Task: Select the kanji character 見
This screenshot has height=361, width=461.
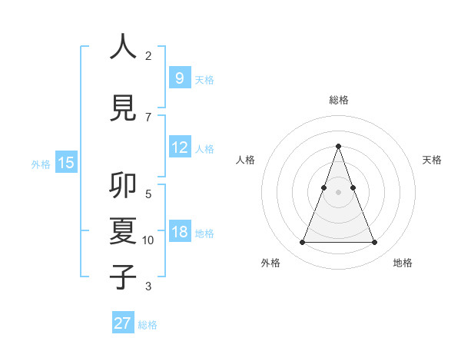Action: coord(124,108)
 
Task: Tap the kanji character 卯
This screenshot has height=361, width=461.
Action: coord(124,187)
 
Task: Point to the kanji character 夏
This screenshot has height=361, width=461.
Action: coord(124,230)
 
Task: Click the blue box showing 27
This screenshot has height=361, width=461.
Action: coord(123,323)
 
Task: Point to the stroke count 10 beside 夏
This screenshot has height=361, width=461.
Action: coord(148,240)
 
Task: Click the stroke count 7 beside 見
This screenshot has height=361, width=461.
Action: coord(148,117)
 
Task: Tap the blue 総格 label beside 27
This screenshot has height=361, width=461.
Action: coord(148,325)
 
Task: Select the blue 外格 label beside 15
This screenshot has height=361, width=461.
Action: coord(41,164)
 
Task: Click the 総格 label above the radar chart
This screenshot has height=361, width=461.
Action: coord(339,100)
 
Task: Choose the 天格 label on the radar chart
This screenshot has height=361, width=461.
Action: coord(432,160)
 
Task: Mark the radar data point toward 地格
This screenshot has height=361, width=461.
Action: coord(374,243)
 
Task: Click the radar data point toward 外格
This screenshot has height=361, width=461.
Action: coord(302,243)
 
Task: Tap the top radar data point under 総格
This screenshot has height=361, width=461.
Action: coord(338,146)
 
